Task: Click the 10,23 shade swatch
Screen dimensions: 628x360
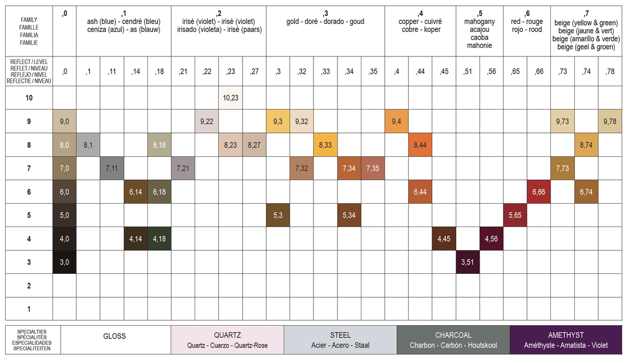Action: [230, 98]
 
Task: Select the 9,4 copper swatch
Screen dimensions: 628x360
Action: [397, 122]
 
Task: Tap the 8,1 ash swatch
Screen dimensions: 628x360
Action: [88, 145]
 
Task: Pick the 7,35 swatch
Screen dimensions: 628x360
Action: [373, 168]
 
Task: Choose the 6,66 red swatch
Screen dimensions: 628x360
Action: [539, 192]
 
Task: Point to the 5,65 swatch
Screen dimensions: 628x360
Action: [515, 216]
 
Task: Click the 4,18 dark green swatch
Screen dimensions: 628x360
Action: [159, 238]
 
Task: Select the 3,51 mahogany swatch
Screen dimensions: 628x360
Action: [468, 262]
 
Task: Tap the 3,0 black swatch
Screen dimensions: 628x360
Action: [65, 262]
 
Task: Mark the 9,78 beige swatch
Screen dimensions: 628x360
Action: [610, 122]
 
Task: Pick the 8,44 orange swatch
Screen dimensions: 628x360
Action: [420, 145]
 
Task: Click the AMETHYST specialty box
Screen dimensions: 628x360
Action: [566, 340]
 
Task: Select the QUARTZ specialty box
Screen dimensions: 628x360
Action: [227, 340]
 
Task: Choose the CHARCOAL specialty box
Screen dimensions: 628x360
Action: [453, 340]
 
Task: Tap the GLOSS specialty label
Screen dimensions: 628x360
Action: [115, 337]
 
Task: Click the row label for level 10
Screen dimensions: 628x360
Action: [29, 98]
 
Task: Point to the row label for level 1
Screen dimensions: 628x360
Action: [29, 309]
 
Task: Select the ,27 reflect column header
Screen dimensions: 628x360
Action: [254, 72]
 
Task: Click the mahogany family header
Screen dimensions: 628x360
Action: [480, 30]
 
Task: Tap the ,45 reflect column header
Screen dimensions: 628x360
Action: [444, 72]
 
